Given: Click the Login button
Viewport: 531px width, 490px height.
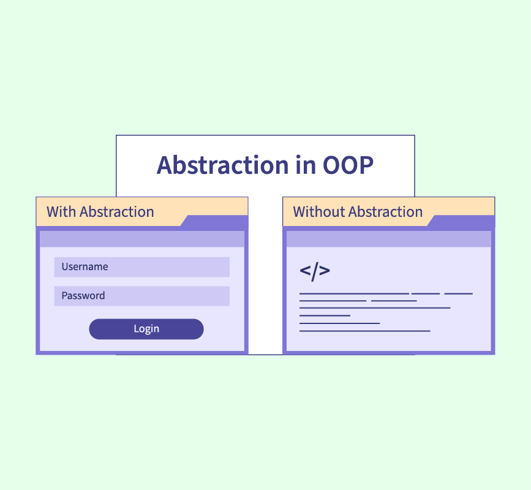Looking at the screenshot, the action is tap(146, 329).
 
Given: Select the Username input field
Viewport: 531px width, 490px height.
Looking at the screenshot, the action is tap(142, 267).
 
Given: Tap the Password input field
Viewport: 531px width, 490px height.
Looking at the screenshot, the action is tap(142, 296).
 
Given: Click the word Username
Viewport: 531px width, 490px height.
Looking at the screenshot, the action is tap(85, 267).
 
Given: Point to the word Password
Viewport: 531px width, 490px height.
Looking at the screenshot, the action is tap(83, 296).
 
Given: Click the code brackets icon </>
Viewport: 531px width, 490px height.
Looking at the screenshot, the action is tap(315, 271).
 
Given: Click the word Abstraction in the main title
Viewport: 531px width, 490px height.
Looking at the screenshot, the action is tap(222, 165).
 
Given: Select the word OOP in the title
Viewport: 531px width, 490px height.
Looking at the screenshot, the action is tap(348, 165).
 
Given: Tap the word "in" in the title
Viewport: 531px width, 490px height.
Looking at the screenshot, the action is tap(306, 165).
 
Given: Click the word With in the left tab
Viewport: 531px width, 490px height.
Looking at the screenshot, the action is tap(61, 212).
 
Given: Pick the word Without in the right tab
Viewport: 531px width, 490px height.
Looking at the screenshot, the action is tap(319, 212).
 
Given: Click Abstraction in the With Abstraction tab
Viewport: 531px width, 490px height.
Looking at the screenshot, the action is tap(117, 212).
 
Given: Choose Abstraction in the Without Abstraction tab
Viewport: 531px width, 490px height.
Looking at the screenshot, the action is tap(386, 212).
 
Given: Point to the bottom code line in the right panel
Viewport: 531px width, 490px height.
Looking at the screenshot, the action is tap(365, 331).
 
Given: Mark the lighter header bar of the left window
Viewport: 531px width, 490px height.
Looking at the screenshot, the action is tap(142, 239).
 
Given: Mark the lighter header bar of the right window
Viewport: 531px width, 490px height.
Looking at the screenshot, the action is tap(389, 239).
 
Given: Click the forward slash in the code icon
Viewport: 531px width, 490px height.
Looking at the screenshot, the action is tap(315, 271).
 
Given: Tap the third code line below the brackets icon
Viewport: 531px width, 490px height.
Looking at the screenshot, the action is tap(375, 308).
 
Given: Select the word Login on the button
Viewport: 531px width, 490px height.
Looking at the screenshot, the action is tap(146, 329).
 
